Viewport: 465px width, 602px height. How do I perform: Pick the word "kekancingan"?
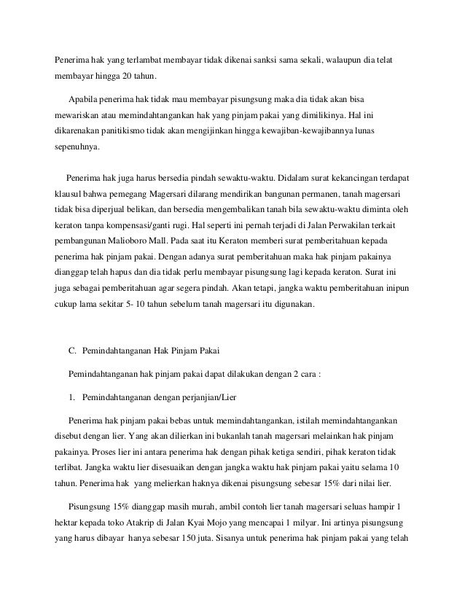click(327, 177)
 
